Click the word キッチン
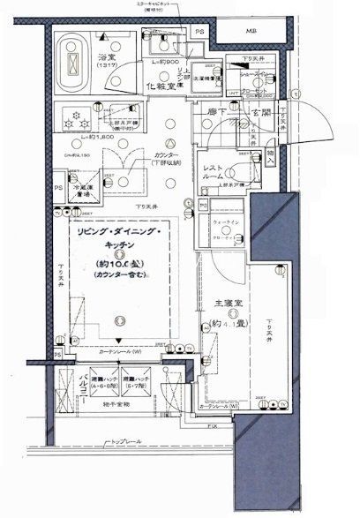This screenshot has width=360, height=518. [117, 247]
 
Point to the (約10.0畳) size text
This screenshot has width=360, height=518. [117, 264]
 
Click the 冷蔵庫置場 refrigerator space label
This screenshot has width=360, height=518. [80, 190]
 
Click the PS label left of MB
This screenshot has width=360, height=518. [200, 32]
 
